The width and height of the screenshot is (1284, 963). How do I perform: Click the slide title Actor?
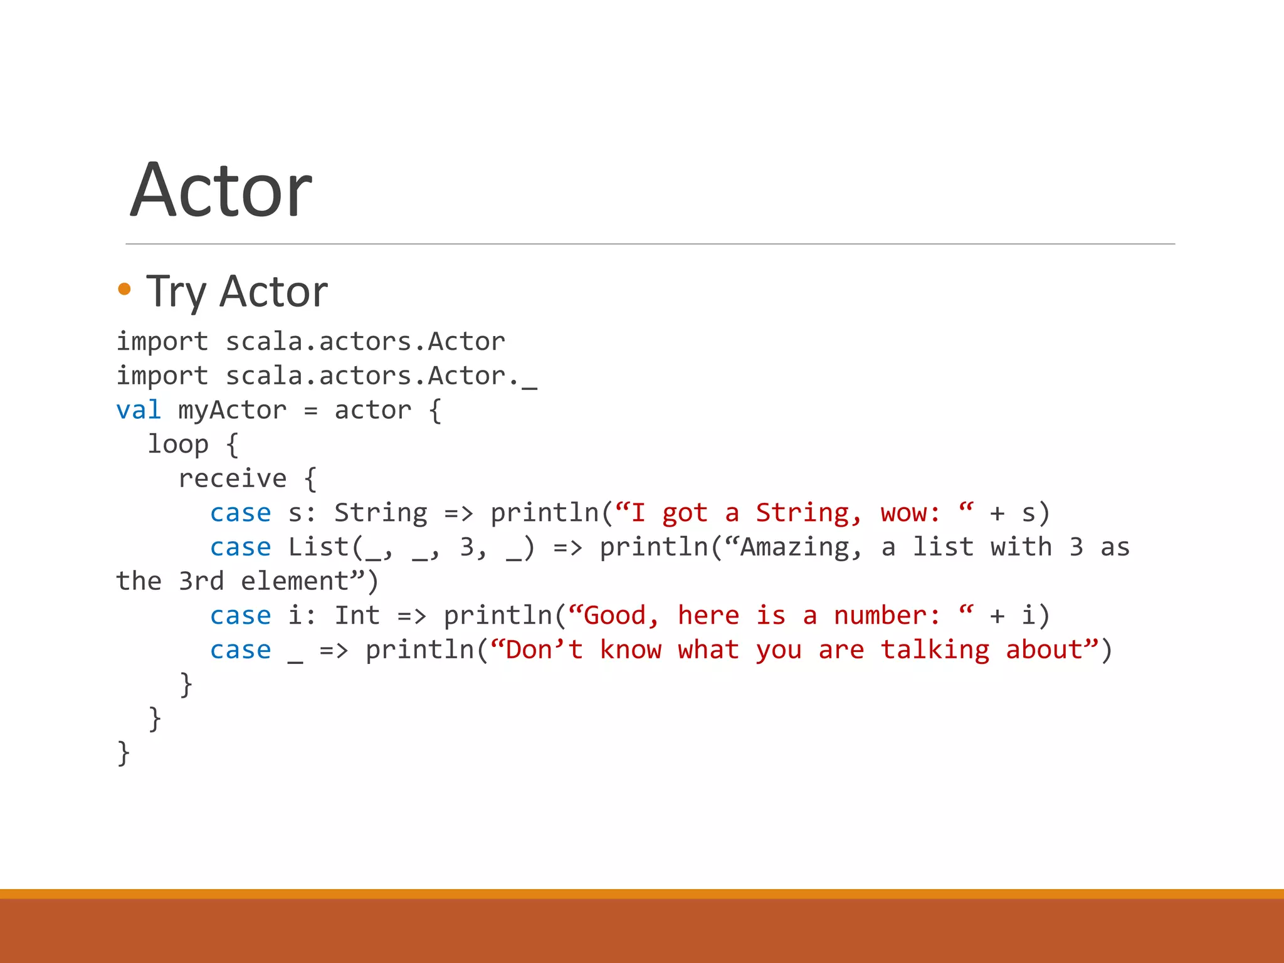tap(221, 190)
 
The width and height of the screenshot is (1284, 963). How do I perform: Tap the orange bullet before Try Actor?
tap(124, 289)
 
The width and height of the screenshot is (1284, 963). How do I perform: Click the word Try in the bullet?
tap(176, 292)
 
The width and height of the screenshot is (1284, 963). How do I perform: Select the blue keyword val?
tap(139, 410)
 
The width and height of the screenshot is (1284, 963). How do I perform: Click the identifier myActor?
tap(232, 410)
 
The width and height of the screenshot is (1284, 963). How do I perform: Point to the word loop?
tap(178, 445)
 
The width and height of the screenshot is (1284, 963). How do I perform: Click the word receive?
tap(233, 479)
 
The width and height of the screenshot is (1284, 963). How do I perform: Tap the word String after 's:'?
tap(381, 513)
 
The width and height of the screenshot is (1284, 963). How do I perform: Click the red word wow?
tap(910, 513)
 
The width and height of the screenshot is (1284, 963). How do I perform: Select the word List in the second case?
tap(318, 547)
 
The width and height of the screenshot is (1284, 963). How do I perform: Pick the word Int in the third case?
tap(357, 616)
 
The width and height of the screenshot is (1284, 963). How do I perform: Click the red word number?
tap(887, 616)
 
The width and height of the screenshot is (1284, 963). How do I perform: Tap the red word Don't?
tap(544, 650)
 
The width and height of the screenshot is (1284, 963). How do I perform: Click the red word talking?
tap(935, 650)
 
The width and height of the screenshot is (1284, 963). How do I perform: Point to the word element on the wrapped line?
tap(295, 581)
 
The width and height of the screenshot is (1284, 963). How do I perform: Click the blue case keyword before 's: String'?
tap(241, 513)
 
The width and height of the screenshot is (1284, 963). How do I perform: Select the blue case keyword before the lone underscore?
tap(241, 650)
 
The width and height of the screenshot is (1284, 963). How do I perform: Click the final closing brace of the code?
tap(124, 753)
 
